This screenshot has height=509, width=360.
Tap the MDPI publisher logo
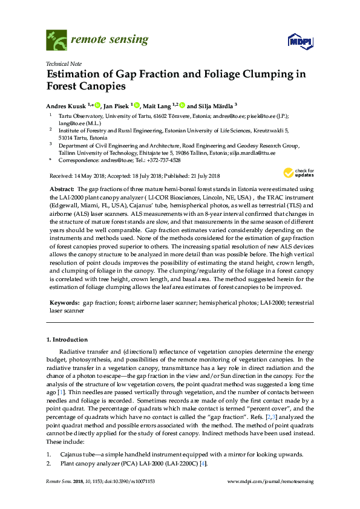[294, 41]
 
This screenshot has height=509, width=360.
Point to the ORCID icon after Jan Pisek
[137, 105]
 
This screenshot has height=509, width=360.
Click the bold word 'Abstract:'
[61, 190]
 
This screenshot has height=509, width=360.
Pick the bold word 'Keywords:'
[62, 300]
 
